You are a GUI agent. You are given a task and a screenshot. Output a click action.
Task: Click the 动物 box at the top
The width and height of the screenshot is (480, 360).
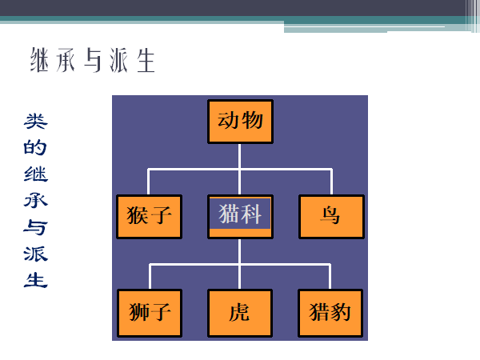[x=240, y=121]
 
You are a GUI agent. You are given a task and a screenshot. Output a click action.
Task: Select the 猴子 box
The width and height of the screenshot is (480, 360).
[x=149, y=216]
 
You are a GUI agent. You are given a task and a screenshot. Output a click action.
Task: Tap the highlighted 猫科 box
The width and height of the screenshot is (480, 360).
[x=240, y=215]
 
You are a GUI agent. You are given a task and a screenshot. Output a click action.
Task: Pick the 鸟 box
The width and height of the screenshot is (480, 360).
[x=331, y=216]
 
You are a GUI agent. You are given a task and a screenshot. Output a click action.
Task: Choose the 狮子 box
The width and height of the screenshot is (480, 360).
[x=149, y=311]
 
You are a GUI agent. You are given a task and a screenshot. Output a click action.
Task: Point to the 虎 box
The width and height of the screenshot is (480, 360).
[x=240, y=311]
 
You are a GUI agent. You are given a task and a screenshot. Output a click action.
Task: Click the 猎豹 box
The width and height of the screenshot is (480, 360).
[x=330, y=311]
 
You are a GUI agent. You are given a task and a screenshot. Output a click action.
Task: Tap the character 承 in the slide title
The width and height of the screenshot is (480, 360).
[x=66, y=61]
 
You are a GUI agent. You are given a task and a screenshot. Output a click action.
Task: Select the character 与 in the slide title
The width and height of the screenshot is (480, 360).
[x=93, y=61]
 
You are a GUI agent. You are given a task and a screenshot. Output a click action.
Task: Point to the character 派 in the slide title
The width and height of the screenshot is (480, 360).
[x=119, y=61]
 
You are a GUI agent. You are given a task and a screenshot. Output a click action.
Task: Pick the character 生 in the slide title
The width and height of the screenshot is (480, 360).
[x=145, y=61]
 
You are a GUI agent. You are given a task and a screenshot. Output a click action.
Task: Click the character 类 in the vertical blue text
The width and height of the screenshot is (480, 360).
[x=35, y=122]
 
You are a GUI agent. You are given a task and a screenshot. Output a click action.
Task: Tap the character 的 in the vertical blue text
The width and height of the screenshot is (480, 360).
[x=35, y=148]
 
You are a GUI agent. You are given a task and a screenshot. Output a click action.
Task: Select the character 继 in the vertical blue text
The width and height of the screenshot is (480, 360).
[x=35, y=174]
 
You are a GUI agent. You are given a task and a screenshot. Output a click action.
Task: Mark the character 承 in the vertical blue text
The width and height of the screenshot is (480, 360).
[x=35, y=201]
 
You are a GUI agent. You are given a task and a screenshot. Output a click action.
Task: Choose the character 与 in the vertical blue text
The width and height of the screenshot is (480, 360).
[x=35, y=228]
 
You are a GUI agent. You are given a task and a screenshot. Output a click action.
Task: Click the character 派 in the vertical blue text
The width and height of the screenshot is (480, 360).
[x=35, y=254]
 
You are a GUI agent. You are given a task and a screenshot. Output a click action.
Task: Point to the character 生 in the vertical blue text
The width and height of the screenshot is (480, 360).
[x=35, y=281]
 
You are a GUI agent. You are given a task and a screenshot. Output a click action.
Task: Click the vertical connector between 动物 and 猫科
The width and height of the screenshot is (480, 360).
[x=240, y=156]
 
